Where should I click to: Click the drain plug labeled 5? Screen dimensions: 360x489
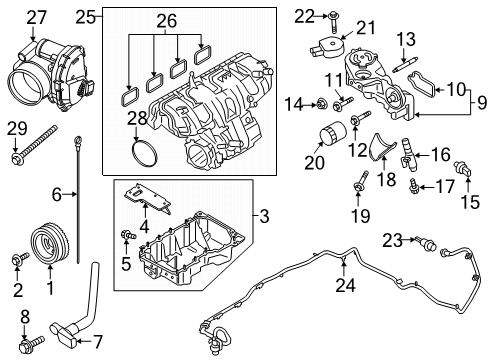pos(126,235)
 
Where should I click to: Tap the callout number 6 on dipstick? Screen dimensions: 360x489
pos(58,194)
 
